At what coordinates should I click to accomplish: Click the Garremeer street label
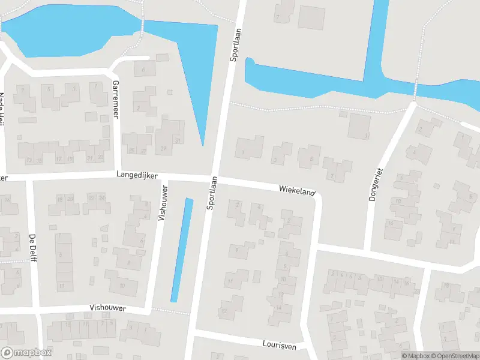tap(116, 100)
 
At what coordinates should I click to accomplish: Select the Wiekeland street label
tap(296, 190)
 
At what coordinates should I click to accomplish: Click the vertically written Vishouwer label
tap(161, 203)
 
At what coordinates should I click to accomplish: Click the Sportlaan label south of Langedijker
tap(211, 193)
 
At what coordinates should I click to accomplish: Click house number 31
tap(178, 140)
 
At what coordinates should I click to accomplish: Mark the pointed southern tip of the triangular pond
tap(203, 144)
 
